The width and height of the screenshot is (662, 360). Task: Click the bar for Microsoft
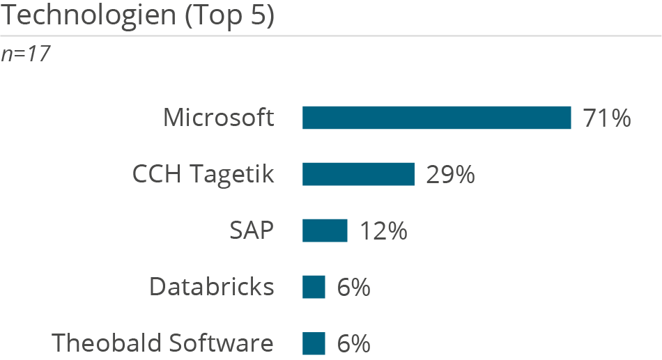click(x=436, y=118)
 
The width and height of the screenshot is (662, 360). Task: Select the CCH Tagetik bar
click(x=358, y=174)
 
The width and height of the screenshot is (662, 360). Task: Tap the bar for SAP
click(x=325, y=230)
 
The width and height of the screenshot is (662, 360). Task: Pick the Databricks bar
click(x=314, y=287)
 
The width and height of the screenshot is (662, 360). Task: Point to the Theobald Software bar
click(x=314, y=343)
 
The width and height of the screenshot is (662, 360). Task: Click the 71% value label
click(x=607, y=118)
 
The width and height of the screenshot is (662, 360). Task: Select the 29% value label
click(x=450, y=175)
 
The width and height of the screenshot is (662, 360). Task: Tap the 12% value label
click(x=383, y=231)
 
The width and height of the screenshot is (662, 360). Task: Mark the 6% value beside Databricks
click(x=353, y=288)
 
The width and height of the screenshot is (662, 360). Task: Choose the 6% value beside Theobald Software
click(x=353, y=344)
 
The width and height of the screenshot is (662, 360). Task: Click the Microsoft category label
click(x=218, y=118)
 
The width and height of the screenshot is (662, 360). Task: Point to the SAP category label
click(x=252, y=230)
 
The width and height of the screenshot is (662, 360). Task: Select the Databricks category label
click(x=211, y=287)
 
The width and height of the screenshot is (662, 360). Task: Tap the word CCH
click(x=155, y=174)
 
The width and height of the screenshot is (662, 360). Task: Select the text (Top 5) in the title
click(x=229, y=15)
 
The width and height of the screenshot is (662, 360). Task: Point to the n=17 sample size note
click(x=25, y=54)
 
